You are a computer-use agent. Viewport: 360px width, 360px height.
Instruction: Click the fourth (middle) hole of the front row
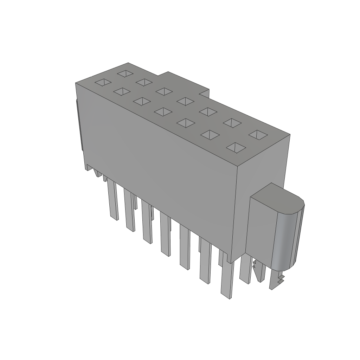[x=162, y=112]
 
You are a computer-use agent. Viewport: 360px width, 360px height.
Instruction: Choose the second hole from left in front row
[x=122, y=92]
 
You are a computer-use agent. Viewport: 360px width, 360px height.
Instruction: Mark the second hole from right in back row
[x=232, y=122]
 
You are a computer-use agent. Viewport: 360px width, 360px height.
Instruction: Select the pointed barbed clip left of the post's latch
[x=259, y=272]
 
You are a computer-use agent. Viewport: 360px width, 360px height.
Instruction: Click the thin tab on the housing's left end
[x=79, y=127]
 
